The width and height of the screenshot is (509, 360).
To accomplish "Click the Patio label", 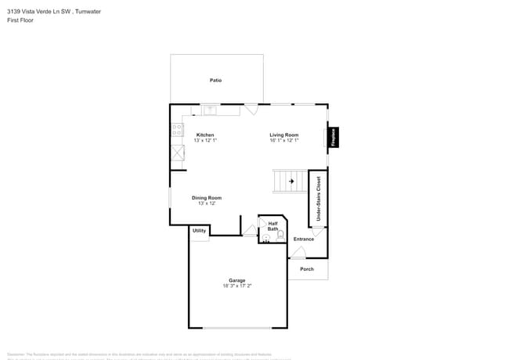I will (x=215, y=81).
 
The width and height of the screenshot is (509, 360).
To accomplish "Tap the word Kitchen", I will (x=205, y=135).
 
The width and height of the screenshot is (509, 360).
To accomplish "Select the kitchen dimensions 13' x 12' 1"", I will (x=205, y=141).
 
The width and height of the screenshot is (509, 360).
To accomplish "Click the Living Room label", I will (x=284, y=135).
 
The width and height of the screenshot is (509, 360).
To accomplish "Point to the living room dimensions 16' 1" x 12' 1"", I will (x=284, y=141).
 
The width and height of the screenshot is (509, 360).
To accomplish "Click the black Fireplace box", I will (x=334, y=138).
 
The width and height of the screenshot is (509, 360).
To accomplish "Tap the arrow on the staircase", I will (x=291, y=182).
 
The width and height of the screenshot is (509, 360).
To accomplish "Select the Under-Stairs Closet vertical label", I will (x=318, y=197).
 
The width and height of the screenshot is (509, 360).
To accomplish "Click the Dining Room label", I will (x=207, y=198).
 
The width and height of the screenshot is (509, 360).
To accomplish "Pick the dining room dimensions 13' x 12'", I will (x=207, y=203).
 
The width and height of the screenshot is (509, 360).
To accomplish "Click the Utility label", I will (x=199, y=230).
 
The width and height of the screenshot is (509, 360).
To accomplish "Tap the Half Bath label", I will (x=273, y=226).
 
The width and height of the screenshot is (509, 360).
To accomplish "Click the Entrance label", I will (x=303, y=239).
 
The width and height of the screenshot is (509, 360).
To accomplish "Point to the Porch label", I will (x=307, y=269).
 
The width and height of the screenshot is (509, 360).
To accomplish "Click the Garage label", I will (x=236, y=280).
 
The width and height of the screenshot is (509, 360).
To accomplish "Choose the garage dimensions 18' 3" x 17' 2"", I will (x=236, y=286).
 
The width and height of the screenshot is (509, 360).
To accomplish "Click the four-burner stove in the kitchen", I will (x=178, y=130).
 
